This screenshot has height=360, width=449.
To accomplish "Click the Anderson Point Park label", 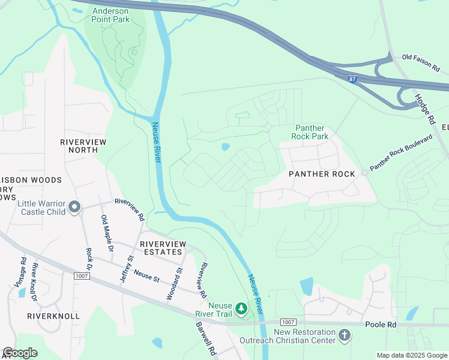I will coord(111,14).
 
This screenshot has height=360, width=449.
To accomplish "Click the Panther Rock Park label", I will coord(310,132).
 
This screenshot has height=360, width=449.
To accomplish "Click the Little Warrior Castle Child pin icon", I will coord(74,207).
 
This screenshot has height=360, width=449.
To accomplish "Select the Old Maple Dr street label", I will coord(107,233).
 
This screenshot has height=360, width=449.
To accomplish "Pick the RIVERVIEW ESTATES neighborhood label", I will coord(163,249).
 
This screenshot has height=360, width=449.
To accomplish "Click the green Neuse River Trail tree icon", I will coord(241,308).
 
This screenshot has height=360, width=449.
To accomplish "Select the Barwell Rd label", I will coord(205,340).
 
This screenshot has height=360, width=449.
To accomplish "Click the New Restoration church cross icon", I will coord(345,335).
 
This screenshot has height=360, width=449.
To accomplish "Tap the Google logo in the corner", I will coord(20,353).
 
